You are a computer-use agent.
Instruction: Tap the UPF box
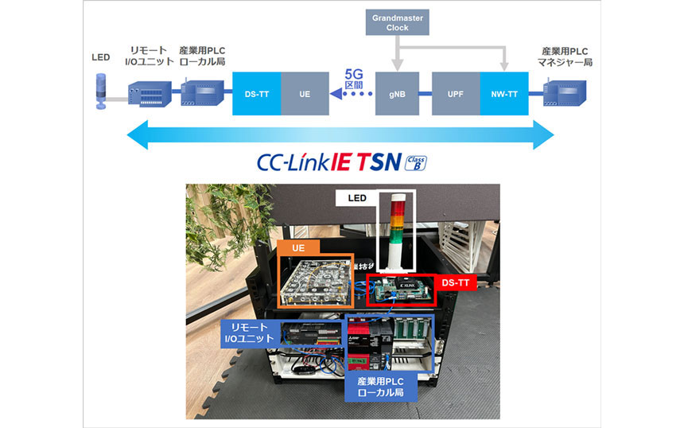click(455, 94)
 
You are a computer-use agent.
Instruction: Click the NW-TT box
click(504, 94)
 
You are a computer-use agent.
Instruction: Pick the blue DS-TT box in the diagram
click(256, 94)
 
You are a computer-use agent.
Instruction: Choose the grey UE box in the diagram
click(305, 94)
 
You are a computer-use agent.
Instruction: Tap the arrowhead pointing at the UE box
click(336, 94)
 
